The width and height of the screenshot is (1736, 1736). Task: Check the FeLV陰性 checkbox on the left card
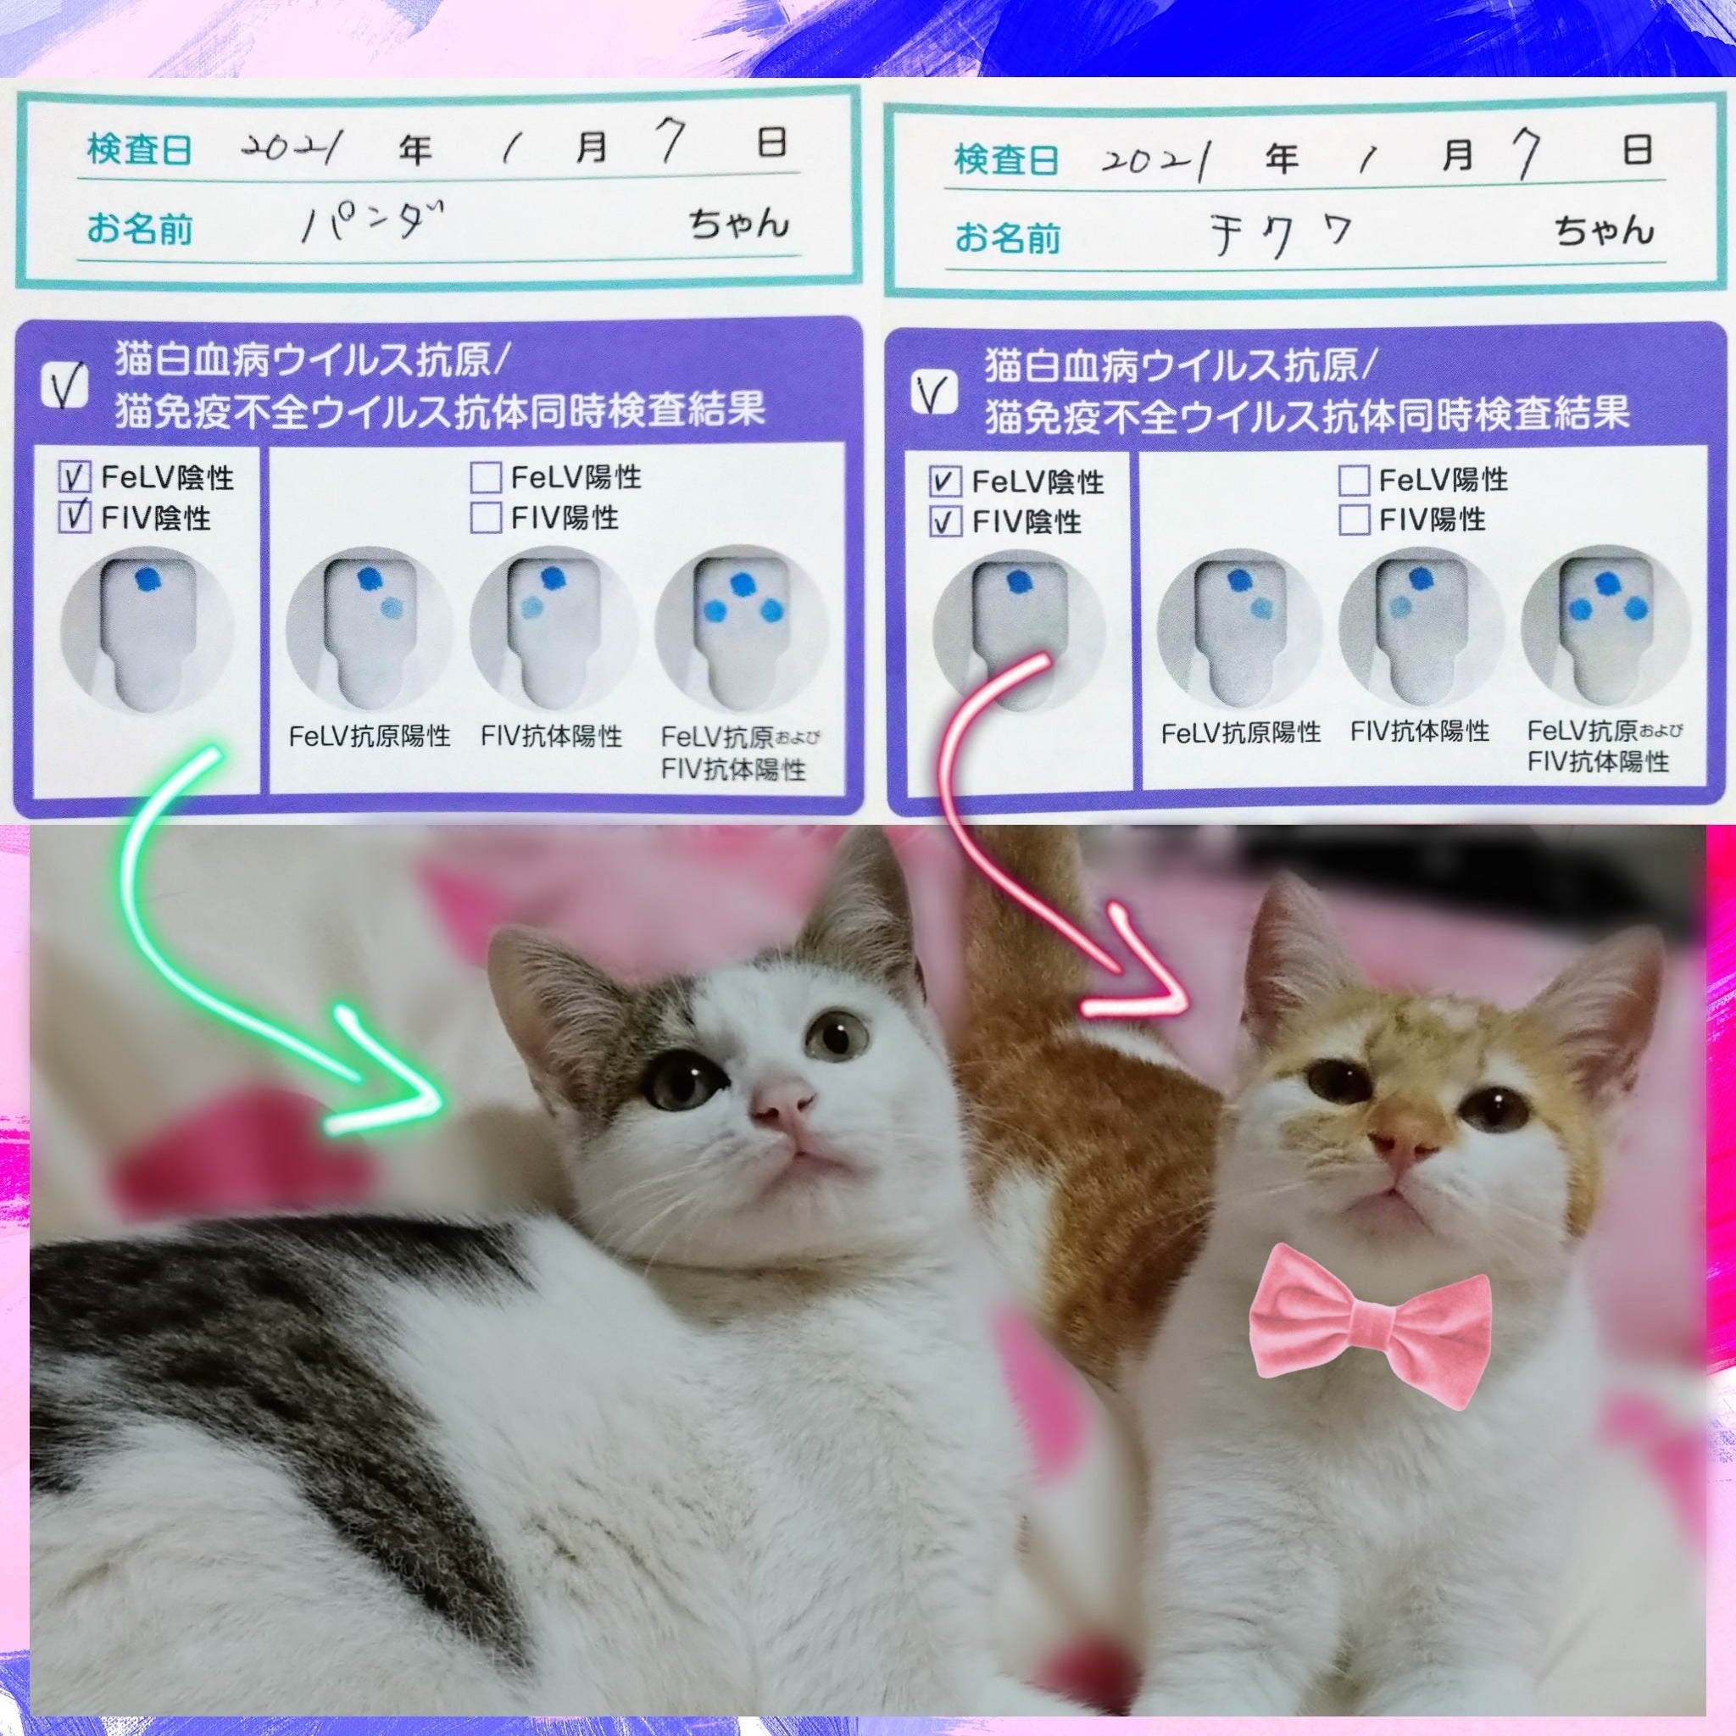tap(75, 476)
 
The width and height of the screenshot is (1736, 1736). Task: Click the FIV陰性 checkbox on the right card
tap(943, 521)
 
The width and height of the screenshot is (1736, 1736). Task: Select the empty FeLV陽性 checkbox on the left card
tap(485, 476)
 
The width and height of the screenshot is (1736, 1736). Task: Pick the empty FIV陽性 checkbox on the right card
tap(1354, 520)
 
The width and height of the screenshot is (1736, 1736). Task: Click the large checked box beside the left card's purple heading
tap(64, 387)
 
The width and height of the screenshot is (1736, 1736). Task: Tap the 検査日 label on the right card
tap(1005, 162)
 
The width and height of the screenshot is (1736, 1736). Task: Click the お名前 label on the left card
tap(139, 228)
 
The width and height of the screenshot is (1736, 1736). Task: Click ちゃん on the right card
tap(1605, 231)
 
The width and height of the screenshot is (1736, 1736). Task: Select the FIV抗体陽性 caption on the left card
tap(552, 737)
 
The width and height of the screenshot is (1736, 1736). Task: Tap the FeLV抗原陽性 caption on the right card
tap(1241, 733)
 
